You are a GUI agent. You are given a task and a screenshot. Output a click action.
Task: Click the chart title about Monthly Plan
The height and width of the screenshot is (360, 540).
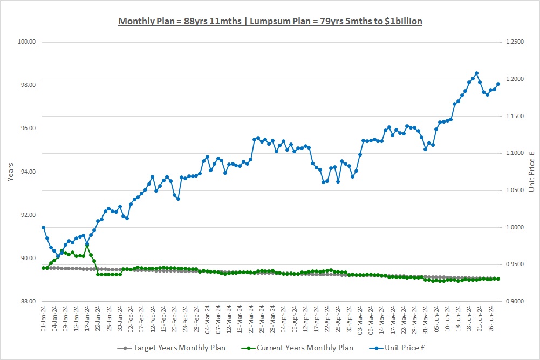[x=270, y=22]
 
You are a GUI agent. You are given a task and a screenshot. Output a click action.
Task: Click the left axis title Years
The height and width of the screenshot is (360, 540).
[x=11, y=171]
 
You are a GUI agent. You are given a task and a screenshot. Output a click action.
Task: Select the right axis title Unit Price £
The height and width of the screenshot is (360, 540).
[x=531, y=171]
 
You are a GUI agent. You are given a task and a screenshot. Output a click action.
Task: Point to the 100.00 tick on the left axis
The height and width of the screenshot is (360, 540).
[x=27, y=42]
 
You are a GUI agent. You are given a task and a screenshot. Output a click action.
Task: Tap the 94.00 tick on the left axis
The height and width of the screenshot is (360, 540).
[x=27, y=172]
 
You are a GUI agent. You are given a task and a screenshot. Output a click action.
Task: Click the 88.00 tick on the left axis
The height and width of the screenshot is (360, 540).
[x=27, y=301]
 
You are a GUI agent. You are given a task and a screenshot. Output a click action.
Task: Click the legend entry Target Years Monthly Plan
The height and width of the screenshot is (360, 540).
[x=175, y=348]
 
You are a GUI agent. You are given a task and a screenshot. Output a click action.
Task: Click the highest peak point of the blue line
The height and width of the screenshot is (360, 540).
[x=476, y=73]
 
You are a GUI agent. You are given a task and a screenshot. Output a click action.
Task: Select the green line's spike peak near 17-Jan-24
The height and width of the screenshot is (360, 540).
[x=87, y=246]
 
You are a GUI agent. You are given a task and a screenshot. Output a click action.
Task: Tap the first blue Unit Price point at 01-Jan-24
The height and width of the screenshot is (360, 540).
[x=43, y=227]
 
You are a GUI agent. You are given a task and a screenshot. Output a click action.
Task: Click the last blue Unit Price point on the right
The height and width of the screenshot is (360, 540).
[x=498, y=84]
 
